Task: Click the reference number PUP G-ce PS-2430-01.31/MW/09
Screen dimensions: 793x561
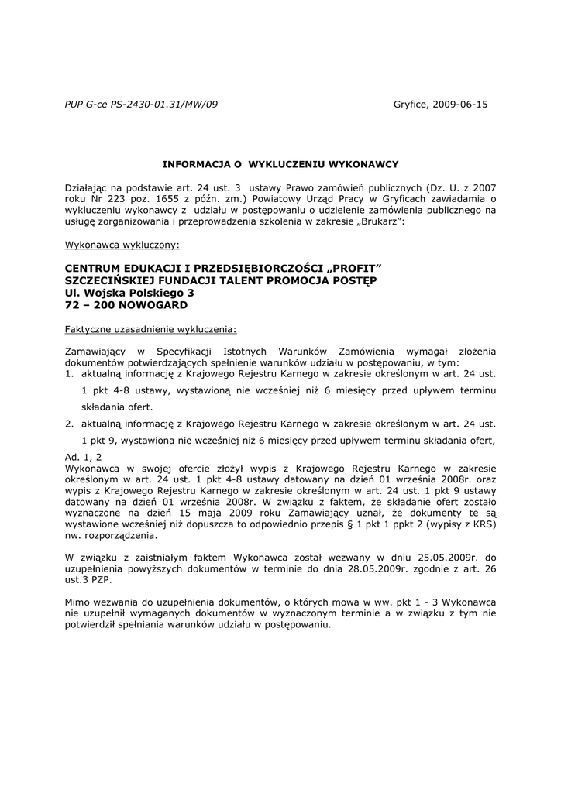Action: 142,104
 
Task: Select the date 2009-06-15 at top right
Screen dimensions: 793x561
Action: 460,104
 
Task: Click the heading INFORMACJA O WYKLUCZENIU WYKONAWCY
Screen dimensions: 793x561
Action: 280,164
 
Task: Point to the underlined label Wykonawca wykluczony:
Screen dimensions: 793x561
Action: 122,245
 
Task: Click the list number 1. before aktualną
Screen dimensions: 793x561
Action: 70,373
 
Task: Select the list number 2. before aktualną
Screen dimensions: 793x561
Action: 70,424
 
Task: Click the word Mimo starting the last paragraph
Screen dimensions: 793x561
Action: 79,602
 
